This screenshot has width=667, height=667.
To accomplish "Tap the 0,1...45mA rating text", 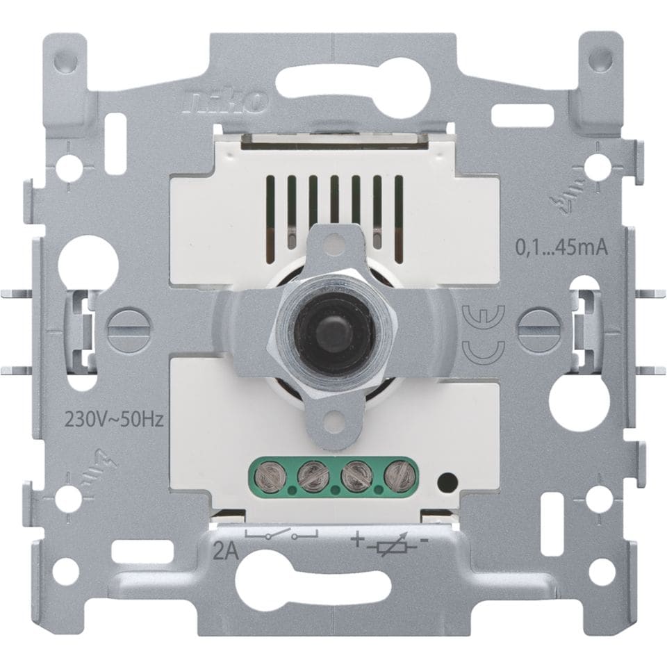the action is pos(561,248).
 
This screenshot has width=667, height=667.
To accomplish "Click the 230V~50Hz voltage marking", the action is pos(113,421).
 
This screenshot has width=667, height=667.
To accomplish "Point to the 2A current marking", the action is pos(225,554).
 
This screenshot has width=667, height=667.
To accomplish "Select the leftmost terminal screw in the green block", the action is pos(268,477).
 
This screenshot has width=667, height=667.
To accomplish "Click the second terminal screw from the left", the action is pos(312,475).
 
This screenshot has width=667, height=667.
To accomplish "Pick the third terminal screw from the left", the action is pos(355,475).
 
